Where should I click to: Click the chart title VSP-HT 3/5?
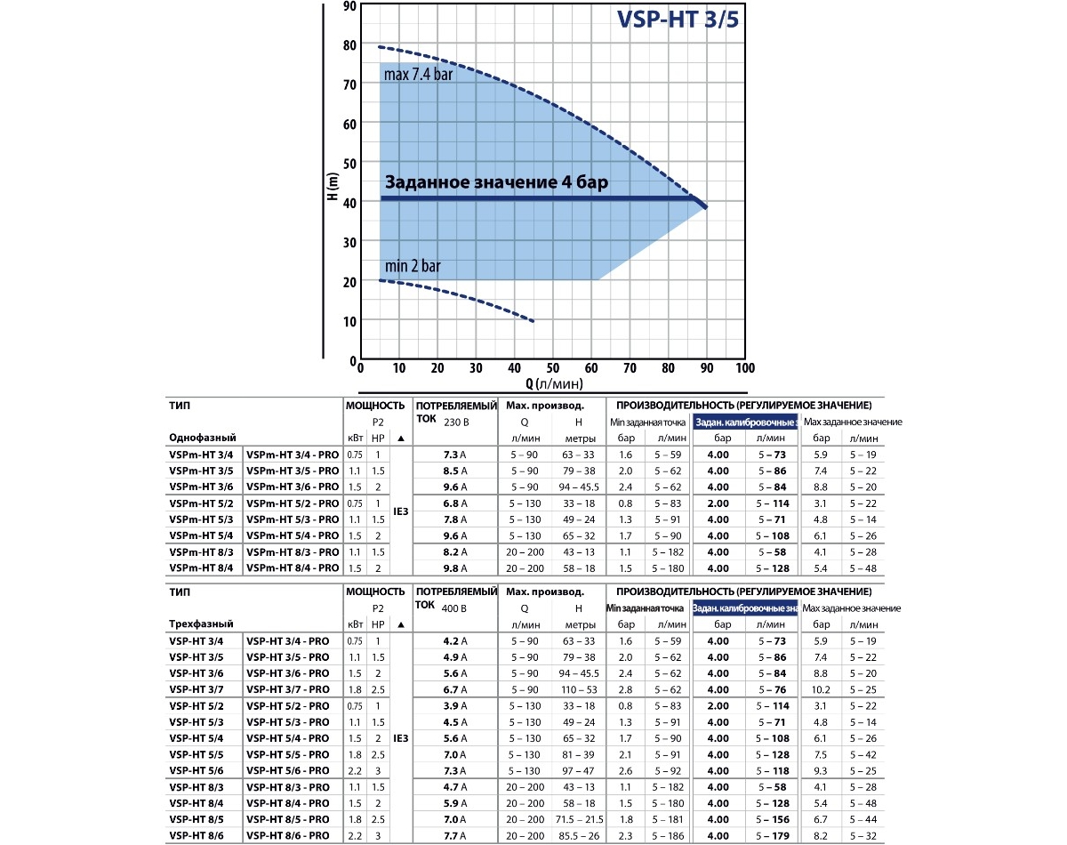678,20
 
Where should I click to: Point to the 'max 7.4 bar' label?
418,75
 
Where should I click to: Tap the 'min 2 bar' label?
413,266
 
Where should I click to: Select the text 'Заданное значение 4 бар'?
496,183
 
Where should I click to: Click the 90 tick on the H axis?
349,6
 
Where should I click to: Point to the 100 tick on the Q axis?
745,368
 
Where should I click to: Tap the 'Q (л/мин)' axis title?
554,384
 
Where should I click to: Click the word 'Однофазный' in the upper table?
196,438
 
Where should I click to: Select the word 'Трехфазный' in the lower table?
197,624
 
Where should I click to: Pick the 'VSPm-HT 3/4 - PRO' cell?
293,455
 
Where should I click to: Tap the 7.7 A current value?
455,835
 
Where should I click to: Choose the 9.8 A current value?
455,568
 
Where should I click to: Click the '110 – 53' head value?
579,689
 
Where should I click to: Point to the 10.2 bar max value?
821,689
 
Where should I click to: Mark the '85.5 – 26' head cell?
579,835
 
